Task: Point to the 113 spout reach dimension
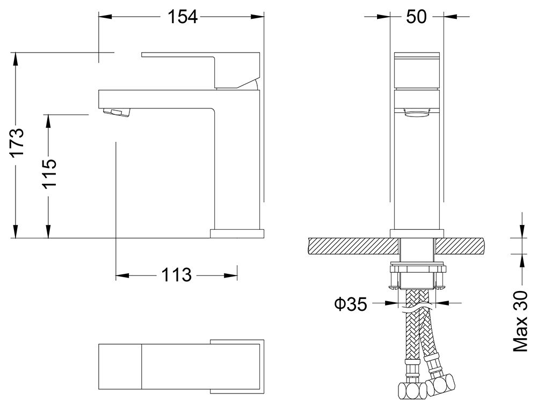point(176,275)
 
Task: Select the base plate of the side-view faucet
point(238,233)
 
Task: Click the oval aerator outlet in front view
point(417,113)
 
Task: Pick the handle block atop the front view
point(417,70)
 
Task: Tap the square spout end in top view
point(120,366)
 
